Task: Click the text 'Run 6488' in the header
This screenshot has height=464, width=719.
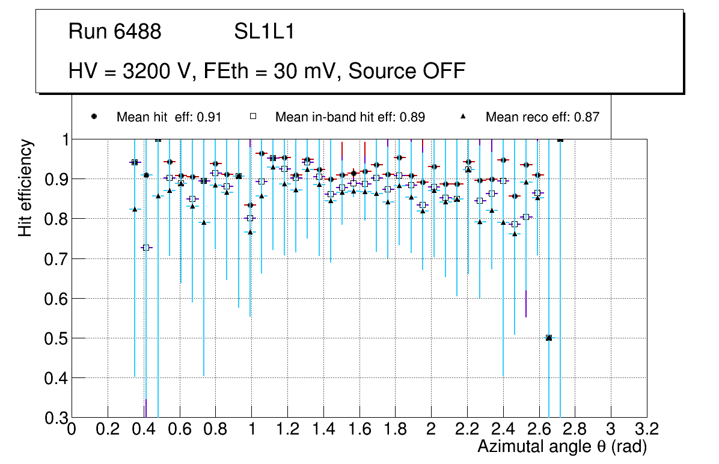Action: click(x=115, y=32)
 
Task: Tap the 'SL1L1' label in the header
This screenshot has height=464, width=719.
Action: click(x=265, y=32)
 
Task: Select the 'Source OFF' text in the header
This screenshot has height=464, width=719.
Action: click(x=407, y=71)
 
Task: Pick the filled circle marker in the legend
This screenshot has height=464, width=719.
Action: click(x=94, y=117)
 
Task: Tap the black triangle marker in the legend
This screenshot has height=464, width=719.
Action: click(x=464, y=117)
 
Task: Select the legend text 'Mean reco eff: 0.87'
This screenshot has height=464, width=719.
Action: click(x=542, y=117)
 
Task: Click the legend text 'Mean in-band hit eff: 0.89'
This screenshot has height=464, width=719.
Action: click(x=350, y=117)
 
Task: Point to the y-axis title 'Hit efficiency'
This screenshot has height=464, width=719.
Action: click(x=25, y=188)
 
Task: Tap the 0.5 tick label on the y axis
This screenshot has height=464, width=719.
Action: click(x=53, y=338)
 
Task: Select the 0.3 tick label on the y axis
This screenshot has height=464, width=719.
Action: click(x=53, y=418)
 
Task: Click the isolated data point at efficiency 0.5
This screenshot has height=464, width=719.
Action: click(x=548, y=338)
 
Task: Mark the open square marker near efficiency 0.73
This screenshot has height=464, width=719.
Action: click(x=145, y=248)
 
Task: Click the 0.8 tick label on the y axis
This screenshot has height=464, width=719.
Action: click(x=53, y=219)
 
